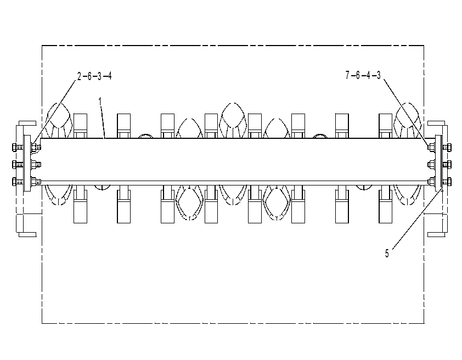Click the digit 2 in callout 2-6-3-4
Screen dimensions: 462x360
79,76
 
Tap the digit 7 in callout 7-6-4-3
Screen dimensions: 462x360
348,75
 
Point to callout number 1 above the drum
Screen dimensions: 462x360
100,102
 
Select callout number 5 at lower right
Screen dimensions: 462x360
387,254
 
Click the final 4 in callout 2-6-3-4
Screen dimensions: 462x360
110,76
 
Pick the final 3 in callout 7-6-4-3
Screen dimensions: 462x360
378,75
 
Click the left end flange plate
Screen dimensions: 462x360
27,163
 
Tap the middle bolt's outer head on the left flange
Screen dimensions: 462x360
14,165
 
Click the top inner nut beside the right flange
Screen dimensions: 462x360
431,147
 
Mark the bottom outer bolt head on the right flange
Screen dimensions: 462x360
449,182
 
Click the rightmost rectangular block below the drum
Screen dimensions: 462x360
385,206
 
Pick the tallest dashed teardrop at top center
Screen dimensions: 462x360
233,120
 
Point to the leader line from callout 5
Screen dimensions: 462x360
418,219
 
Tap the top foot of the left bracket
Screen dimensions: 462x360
27,123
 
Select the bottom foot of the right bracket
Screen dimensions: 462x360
436,234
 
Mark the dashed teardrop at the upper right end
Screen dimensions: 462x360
408,120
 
